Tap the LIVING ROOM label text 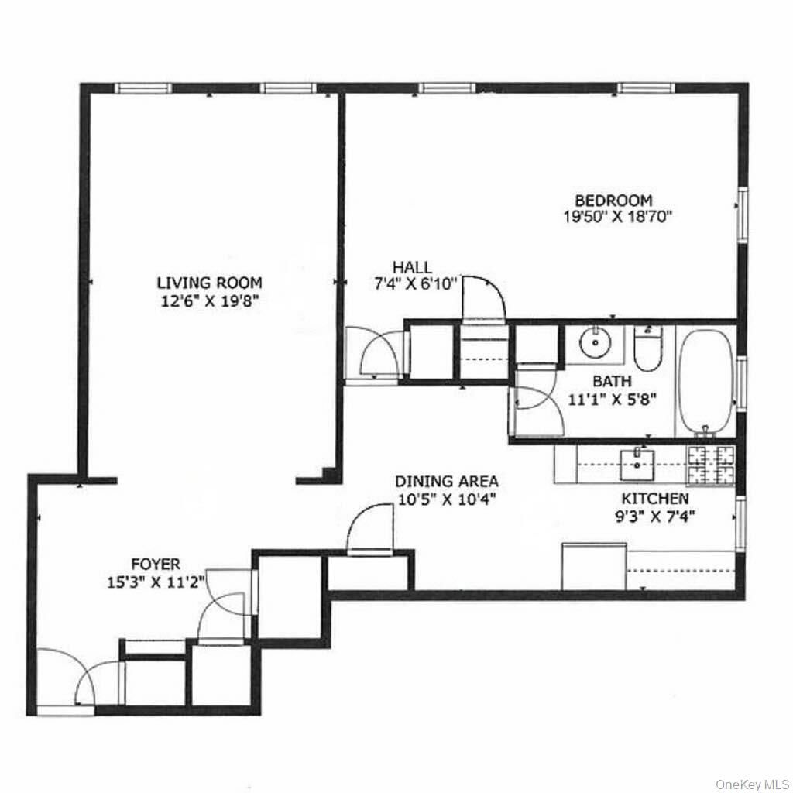(x=210, y=283)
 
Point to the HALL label (x=412, y=267)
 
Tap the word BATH (x=612, y=381)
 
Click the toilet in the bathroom (x=647, y=352)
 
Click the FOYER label (x=155, y=565)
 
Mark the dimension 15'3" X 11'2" (x=155, y=583)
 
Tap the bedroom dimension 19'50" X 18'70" (x=616, y=218)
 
